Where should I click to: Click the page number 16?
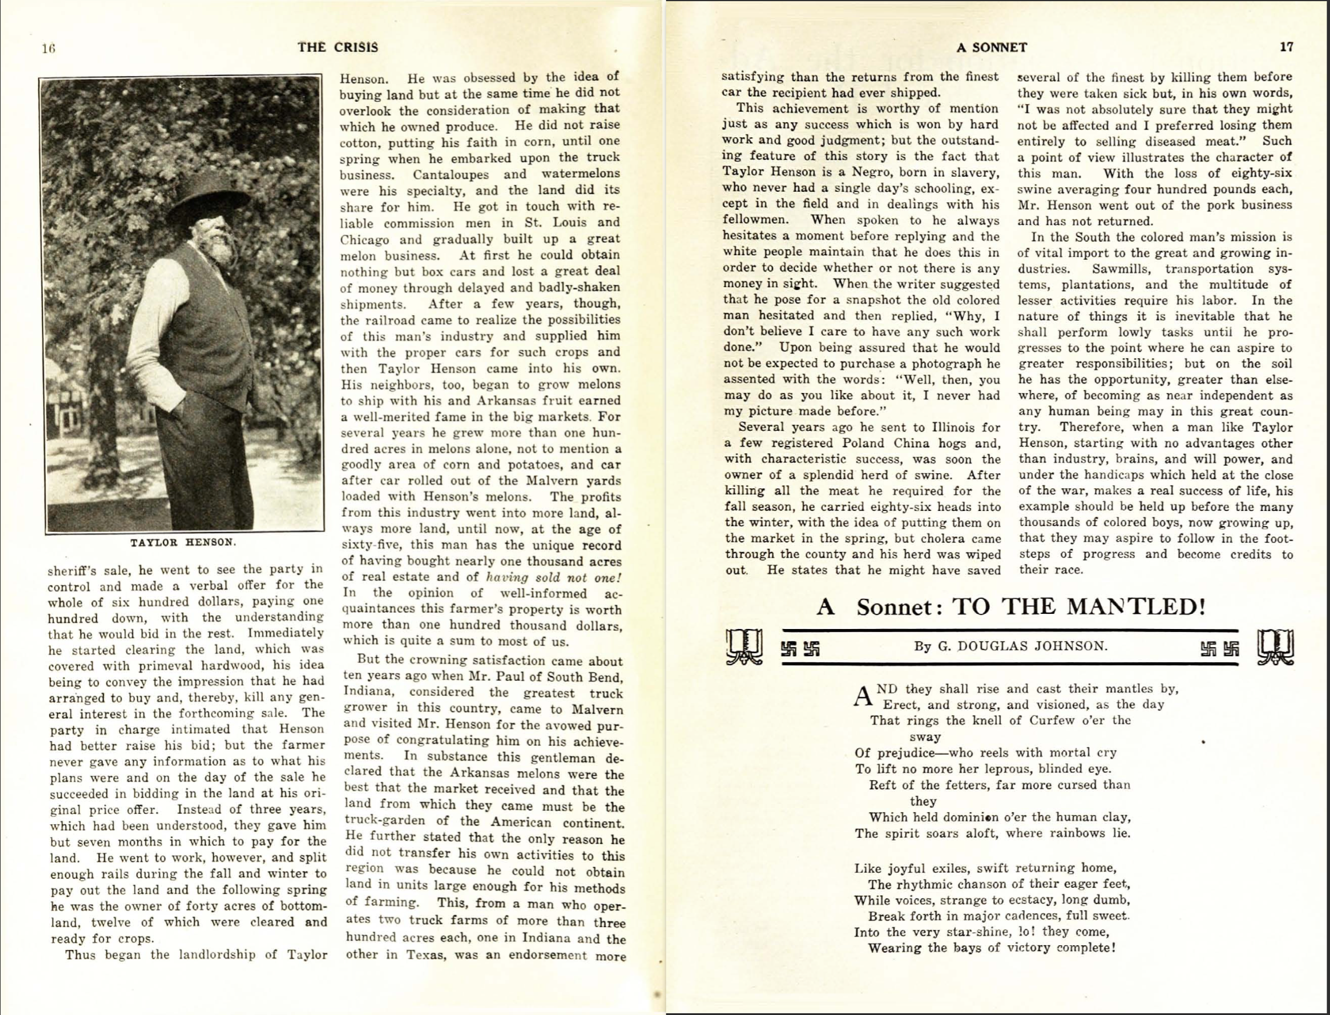pyautogui.click(x=48, y=49)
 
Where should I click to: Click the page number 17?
pyautogui.click(x=1286, y=47)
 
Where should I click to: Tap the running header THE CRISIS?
pyautogui.click(x=338, y=47)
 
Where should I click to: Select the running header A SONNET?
pyautogui.click(x=992, y=47)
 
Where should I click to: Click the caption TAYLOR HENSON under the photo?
pyautogui.click(x=183, y=542)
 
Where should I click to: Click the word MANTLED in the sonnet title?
pyautogui.click(x=1135, y=606)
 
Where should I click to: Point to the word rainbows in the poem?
pyautogui.click(x=1079, y=834)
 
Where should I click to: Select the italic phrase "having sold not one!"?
pyautogui.click(x=555, y=578)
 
